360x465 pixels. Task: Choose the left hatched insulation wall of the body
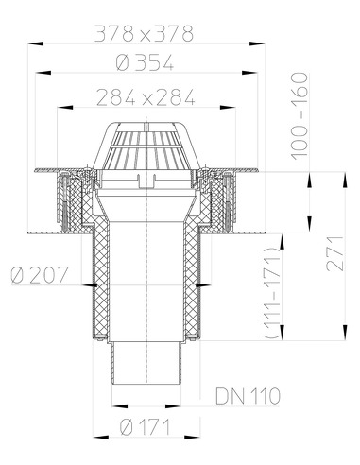(96, 284)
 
